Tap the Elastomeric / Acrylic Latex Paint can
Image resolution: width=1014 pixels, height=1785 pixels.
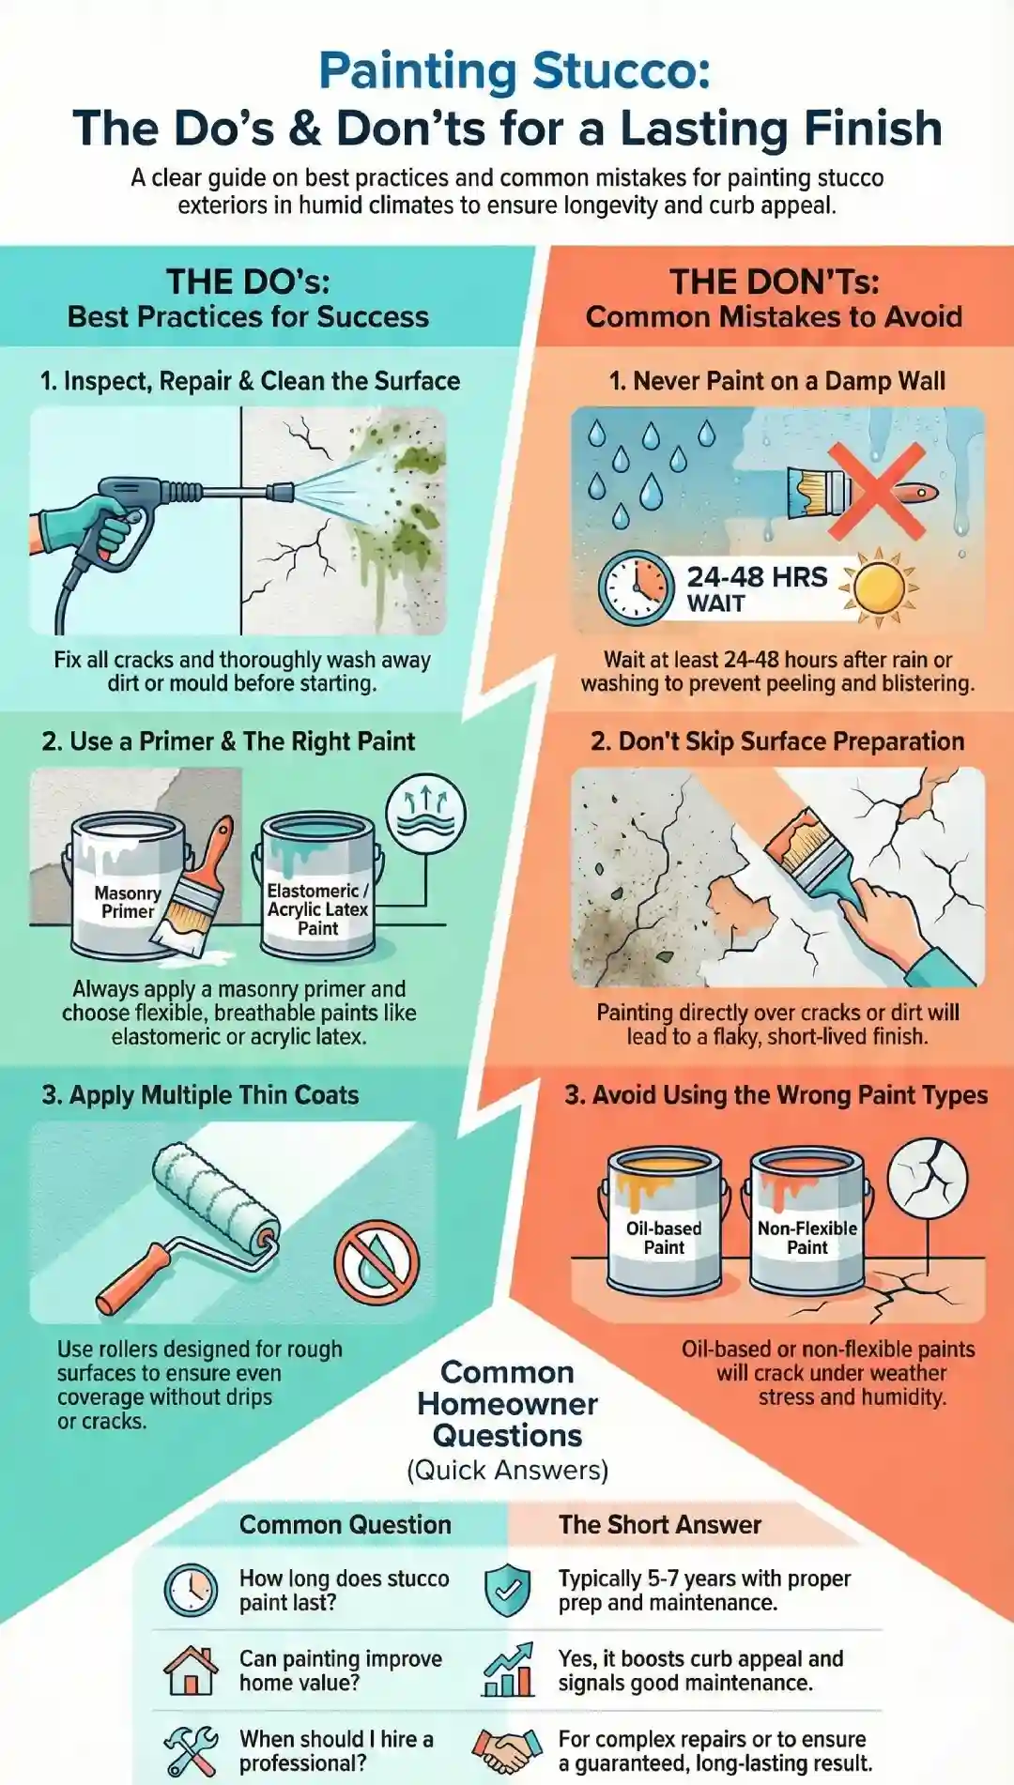[x=317, y=887]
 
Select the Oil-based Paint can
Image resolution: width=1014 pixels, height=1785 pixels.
[x=664, y=1220]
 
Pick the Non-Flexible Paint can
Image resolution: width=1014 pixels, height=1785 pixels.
[x=807, y=1220]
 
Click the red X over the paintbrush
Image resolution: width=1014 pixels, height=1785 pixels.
[x=877, y=491]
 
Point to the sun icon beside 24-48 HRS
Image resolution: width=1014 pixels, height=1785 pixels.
[x=879, y=587]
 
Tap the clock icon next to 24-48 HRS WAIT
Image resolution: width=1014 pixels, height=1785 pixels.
[x=636, y=588]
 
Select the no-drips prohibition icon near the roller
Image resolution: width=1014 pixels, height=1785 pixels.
[x=376, y=1262]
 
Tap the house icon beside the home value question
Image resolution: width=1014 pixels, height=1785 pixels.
[x=191, y=1671]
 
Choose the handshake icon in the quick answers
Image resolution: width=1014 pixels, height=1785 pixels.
[x=508, y=1750]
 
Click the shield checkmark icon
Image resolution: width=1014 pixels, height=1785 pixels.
[x=508, y=1590]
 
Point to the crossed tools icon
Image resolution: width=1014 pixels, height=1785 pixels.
[x=191, y=1750]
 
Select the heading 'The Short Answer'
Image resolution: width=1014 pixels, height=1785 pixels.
[x=660, y=1525]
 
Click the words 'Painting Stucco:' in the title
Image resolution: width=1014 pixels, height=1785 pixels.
[x=514, y=71]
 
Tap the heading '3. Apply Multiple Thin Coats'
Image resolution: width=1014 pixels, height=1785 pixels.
[x=200, y=1095]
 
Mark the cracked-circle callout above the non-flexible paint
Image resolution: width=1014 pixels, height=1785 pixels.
[x=927, y=1175]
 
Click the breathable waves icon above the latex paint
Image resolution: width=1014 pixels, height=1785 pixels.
[x=426, y=814]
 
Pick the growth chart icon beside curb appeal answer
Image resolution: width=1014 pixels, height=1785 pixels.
[x=508, y=1671]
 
